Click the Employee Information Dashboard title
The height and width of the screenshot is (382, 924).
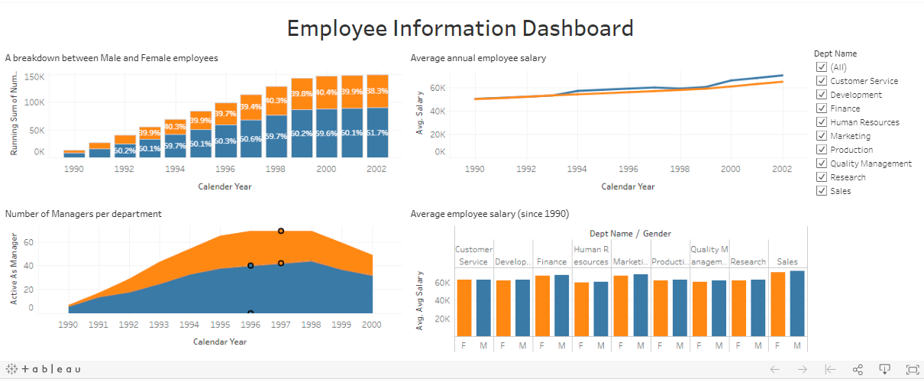point(460,28)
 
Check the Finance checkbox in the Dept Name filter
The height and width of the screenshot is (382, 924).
point(822,108)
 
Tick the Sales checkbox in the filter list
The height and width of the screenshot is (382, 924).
point(822,191)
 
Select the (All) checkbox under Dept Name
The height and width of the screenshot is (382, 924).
point(822,67)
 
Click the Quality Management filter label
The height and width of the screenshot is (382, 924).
point(871,163)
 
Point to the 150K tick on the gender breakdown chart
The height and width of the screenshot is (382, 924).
point(35,77)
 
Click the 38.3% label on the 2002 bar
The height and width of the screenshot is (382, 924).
point(377,91)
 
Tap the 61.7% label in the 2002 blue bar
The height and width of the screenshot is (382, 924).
point(377,133)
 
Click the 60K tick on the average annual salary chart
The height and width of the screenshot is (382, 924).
point(436,89)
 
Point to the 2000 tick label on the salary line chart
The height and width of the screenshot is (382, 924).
point(731,169)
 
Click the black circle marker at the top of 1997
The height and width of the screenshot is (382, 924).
point(281,231)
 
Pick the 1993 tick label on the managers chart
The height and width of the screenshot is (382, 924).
point(159,325)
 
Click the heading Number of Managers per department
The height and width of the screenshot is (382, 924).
point(83,214)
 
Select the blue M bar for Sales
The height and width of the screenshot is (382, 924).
point(797,303)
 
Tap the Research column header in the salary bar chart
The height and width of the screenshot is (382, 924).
point(748,262)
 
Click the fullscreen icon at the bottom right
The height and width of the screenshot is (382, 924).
point(912,370)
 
